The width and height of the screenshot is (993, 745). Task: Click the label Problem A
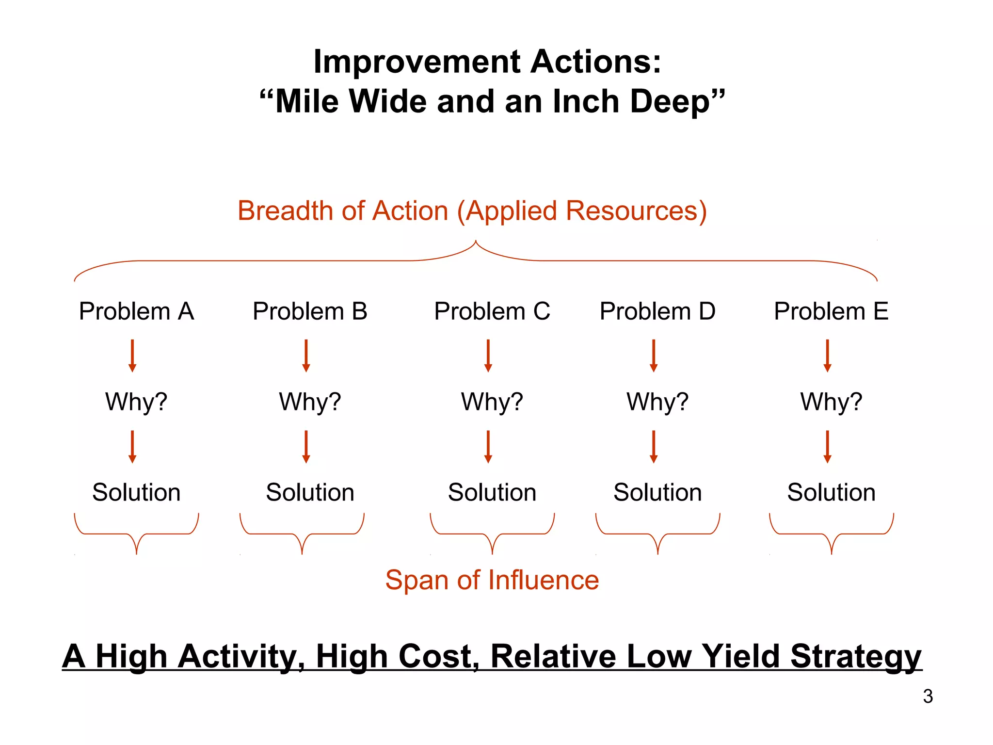(x=136, y=311)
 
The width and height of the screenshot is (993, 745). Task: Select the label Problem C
(x=492, y=311)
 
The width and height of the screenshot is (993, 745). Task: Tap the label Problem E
(x=831, y=311)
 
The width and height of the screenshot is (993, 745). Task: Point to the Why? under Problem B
(x=310, y=402)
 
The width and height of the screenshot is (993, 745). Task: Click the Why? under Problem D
(x=657, y=402)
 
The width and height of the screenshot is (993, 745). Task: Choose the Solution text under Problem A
(x=136, y=493)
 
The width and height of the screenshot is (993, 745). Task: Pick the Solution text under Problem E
(x=831, y=493)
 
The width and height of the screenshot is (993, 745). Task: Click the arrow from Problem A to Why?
(x=132, y=356)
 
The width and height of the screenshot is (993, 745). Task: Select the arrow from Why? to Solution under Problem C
(x=488, y=447)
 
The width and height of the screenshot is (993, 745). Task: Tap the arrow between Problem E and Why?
(x=828, y=356)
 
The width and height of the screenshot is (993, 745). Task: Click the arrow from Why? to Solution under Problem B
(x=306, y=447)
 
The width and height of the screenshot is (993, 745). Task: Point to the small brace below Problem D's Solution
(x=657, y=534)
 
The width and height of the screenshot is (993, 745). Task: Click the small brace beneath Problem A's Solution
(x=136, y=534)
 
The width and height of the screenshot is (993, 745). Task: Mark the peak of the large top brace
(x=476, y=242)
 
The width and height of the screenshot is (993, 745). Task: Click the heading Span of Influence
(x=492, y=580)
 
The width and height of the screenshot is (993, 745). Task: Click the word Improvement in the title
(x=417, y=62)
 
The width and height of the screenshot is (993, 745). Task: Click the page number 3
(x=928, y=696)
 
